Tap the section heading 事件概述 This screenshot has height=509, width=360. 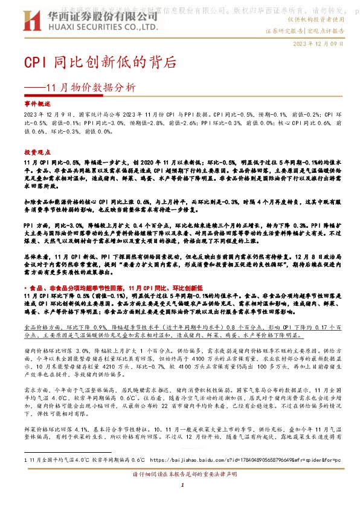pyautogui.click(x=34, y=105)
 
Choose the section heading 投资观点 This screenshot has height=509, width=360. pyautogui.click(x=34, y=154)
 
